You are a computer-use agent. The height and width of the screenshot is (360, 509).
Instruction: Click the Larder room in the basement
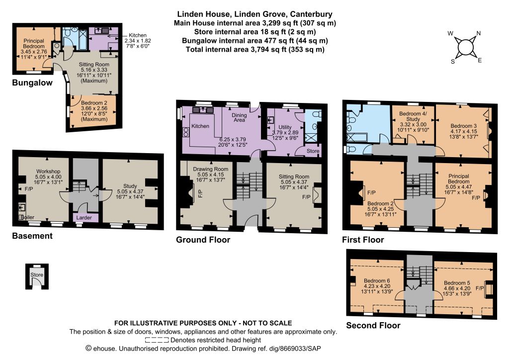click(x=84, y=217)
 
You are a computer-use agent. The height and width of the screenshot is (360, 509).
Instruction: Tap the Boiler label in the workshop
click(x=27, y=217)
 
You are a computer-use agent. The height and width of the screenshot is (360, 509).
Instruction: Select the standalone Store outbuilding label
click(x=37, y=274)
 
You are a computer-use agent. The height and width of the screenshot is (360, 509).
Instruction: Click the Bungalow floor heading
click(x=32, y=83)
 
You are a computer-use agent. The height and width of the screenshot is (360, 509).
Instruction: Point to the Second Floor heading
click(x=373, y=325)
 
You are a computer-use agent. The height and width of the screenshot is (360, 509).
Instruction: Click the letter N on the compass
click(x=478, y=33)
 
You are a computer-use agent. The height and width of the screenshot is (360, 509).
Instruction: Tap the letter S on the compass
click(x=453, y=62)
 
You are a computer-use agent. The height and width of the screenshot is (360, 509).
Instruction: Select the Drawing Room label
click(x=210, y=169)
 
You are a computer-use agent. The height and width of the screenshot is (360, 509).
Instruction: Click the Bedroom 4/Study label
click(x=413, y=116)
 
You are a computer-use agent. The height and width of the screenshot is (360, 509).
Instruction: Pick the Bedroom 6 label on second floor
click(x=377, y=281)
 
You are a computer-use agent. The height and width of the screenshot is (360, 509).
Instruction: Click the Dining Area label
click(x=239, y=117)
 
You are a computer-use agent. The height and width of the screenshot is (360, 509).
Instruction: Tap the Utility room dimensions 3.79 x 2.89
click(x=285, y=132)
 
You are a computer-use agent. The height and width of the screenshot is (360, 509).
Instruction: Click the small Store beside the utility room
click(x=313, y=151)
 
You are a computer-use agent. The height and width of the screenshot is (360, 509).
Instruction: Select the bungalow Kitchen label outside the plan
click(x=138, y=35)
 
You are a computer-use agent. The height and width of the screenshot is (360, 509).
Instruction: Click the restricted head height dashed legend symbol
click(x=157, y=340)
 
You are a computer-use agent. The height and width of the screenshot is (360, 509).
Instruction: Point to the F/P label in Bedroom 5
click(x=480, y=288)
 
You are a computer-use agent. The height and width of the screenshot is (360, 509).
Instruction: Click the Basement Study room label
click(x=130, y=186)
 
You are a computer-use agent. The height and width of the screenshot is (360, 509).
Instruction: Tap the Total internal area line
click(x=255, y=49)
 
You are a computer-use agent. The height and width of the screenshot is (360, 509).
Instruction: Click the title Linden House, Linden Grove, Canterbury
click(x=255, y=14)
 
